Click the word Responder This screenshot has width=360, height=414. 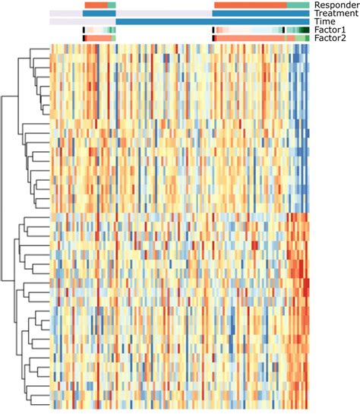click(335, 5)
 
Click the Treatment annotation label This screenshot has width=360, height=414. click(335, 14)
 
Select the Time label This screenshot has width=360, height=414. click(324, 22)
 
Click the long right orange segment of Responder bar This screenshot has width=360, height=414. click(251, 5)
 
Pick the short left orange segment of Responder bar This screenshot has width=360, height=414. click(95, 5)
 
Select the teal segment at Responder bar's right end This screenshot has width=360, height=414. click(298, 5)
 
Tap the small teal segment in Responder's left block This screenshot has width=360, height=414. click(112, 5)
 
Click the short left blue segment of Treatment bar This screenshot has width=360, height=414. click(99, 14)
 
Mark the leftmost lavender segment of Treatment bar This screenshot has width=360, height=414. click(66, 14)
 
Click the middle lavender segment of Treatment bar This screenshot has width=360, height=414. click(164, 14)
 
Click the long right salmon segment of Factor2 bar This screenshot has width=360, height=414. click(251, 38)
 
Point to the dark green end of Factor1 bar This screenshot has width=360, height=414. click(304, 30)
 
